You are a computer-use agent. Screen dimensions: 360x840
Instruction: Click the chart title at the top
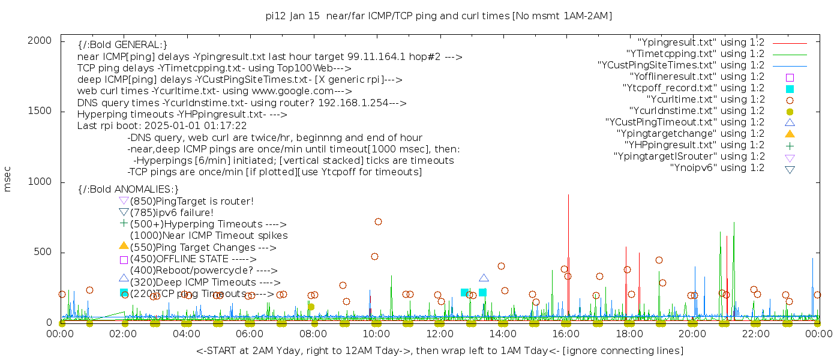point(439,16)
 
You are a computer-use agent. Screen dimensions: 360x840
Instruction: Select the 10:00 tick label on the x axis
point(376,334)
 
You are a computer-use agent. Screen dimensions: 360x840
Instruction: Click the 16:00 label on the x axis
point(566,334)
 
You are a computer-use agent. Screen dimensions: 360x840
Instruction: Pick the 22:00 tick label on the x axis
point(755,334)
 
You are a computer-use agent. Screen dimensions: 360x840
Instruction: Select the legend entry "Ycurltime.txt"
point(706,100)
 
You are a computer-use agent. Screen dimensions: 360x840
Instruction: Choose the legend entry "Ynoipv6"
point(717,168)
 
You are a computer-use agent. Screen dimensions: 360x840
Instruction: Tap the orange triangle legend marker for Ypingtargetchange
point(790,134)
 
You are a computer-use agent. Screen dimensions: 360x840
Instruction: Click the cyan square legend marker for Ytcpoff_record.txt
point(790,88)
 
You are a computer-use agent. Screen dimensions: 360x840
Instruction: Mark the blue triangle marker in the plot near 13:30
point(484,278)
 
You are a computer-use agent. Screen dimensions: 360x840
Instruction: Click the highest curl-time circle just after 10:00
point(378,221)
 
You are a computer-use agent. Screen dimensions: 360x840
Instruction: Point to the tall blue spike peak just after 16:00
point(568,195)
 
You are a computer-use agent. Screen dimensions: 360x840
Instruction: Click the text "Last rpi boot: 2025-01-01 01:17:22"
point(162,126)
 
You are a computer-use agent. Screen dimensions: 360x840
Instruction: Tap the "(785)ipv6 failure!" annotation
point(172,213)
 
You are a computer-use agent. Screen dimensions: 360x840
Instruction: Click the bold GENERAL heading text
point(122,45)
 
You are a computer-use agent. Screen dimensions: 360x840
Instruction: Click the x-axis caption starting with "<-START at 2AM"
point(439,350)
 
